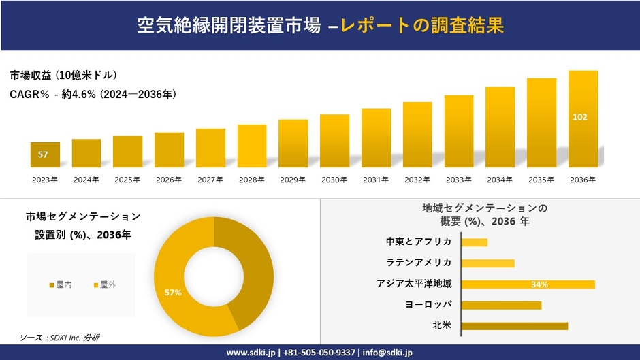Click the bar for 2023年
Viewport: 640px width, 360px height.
tap(45, 155)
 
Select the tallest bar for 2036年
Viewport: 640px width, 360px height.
tap(583, 119)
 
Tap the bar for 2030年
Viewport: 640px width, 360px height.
tap(334, 141)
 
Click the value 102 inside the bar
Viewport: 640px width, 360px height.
tap(580, 117)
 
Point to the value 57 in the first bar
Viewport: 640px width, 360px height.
tap(43, 155)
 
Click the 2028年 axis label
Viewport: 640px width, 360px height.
tap(251, 180)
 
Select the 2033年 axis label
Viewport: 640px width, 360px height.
tap(458, 180)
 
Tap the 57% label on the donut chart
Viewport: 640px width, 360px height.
tap(173, 293)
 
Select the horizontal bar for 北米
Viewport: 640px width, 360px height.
tap(514, 326)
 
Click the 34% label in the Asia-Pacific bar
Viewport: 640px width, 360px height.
tap(539, 284)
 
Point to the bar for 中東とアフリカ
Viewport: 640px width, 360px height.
tap(474, 242)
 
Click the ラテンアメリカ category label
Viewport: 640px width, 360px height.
tap(418, 263)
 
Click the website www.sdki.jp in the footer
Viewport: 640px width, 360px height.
tap(251, 353)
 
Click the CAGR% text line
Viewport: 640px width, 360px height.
tap(93, 95)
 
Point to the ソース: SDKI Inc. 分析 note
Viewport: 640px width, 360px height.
tap(59, 338)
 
